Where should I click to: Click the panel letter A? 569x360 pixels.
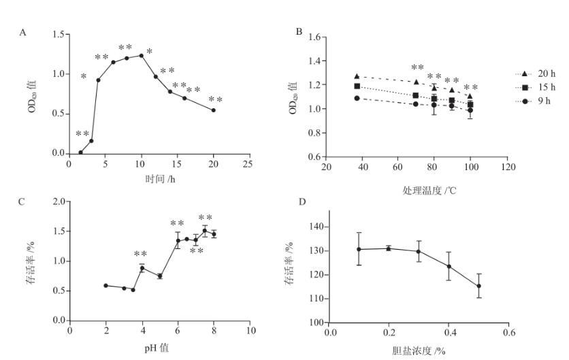pyautogui.click(x=23, y=32)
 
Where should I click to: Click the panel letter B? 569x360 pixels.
pyautogui.click(x=299, y=32)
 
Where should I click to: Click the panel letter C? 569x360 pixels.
pyautogui.click(x=23, y=201)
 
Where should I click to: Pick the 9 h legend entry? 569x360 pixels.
pyautogui.click(x=534, y=101)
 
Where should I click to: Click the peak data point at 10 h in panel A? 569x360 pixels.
pyautogui.click(x=141, y=55)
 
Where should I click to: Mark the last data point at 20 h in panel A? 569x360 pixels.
pyautogui.click(x=214, y=110)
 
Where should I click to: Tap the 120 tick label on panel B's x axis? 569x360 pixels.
pyautogui.click(x=506, y=167)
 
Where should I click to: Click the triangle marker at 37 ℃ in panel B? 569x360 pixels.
pyautogui.click(x=357, y=76)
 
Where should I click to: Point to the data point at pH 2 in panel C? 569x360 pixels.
pyautogui.click(x=105, y=285)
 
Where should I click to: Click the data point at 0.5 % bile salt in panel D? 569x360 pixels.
pyautogui.click(x=478, y=286)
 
